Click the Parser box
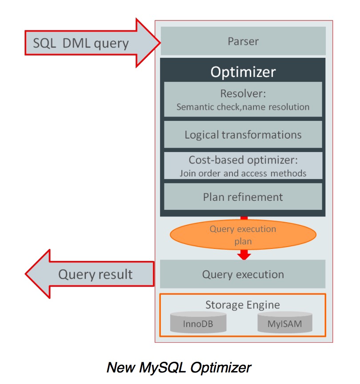(243, 41)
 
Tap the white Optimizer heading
(243, 72)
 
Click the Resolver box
(243, 100)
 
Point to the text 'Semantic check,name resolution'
(243, 107)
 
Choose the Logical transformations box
(243, 135)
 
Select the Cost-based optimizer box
(243, 166)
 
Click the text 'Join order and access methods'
(243, 173)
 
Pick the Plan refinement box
(243, 196)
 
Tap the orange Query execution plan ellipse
(243, 235)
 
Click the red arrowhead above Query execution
(244, 255)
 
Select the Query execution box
(243, 274)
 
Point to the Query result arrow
(89, 274)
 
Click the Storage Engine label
(243, 304)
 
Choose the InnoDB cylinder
(198, 324)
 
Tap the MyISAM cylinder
(285, 324)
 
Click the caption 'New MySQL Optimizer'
(179, 367)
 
